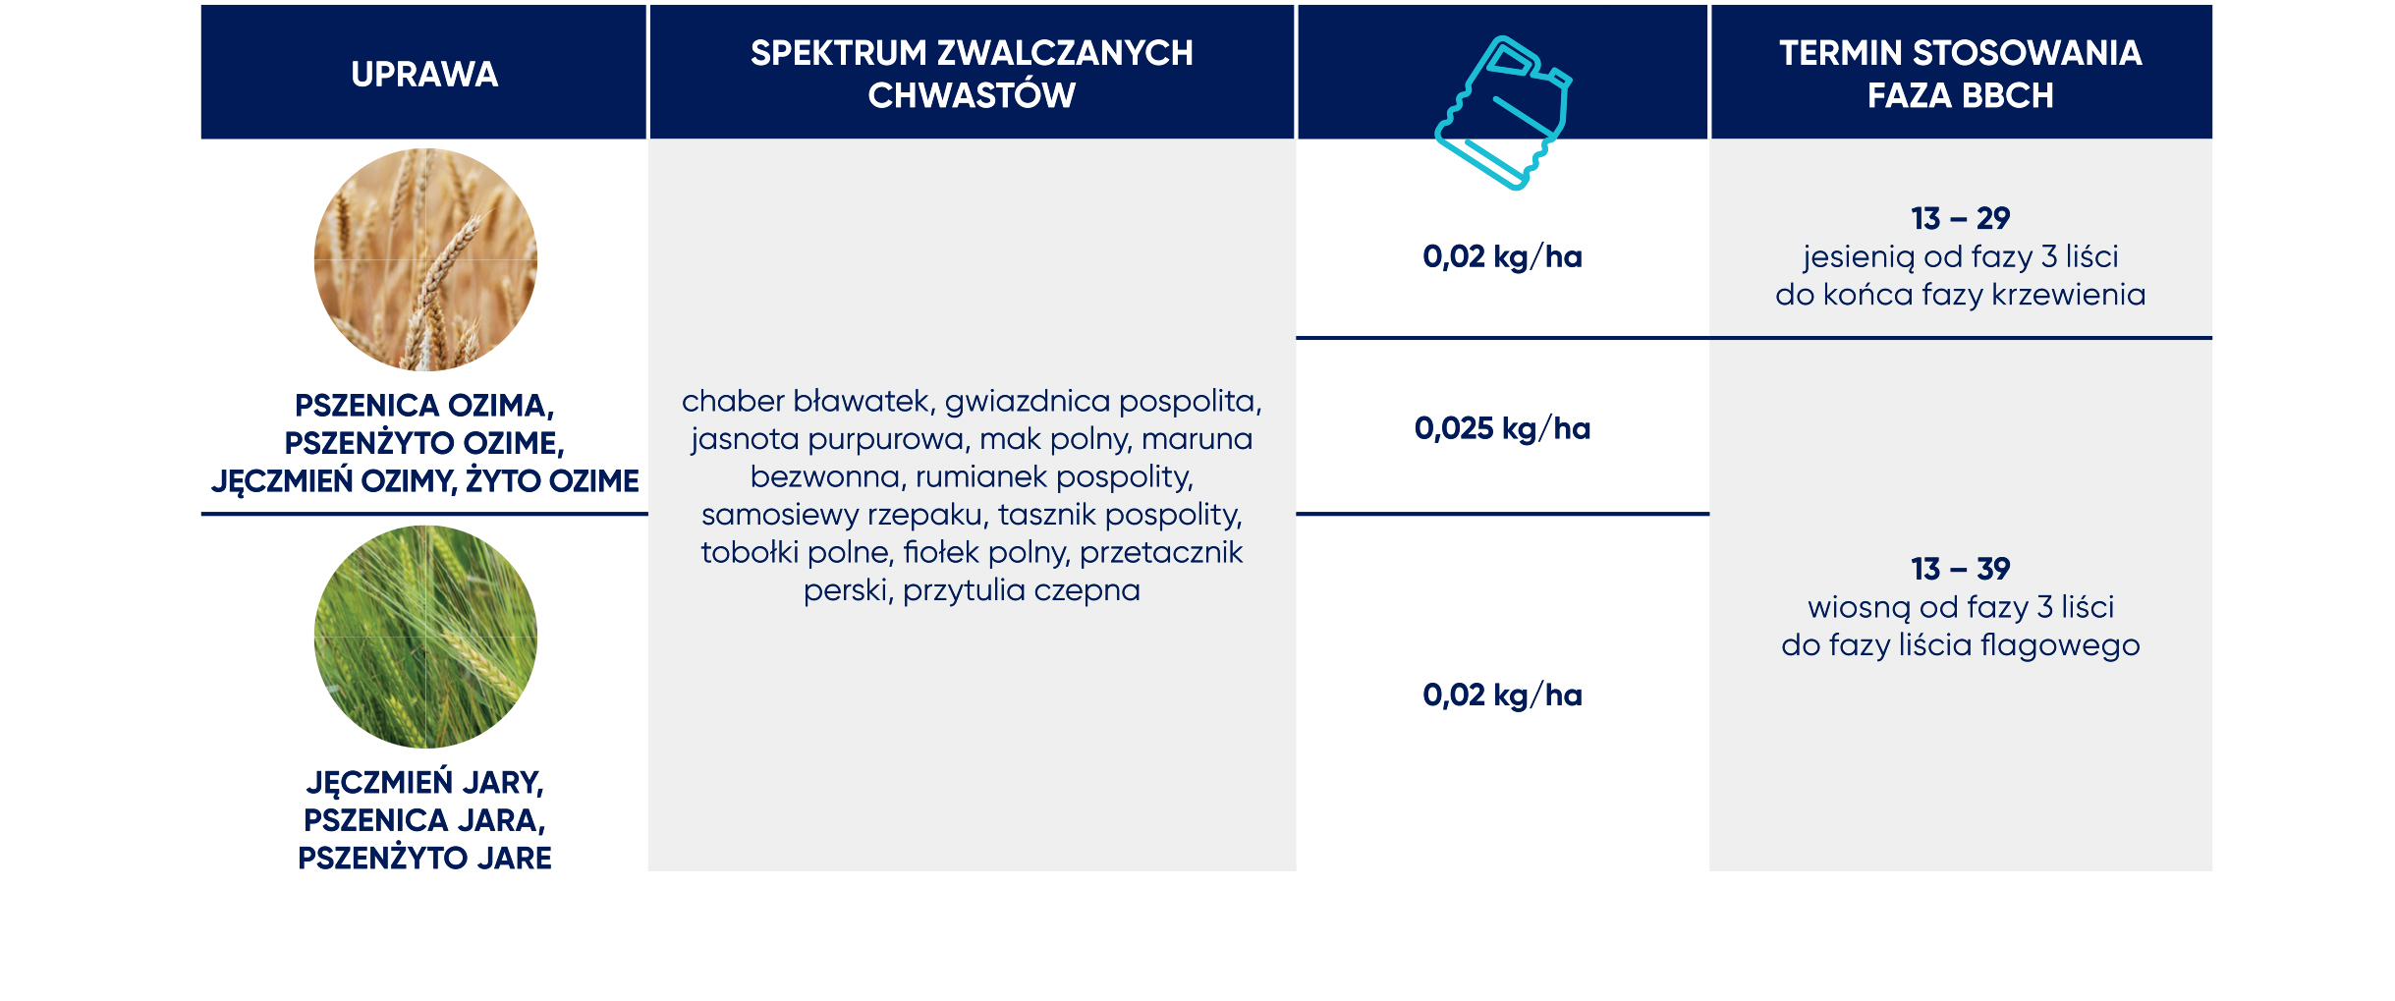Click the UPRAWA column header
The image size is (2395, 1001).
click(424, 75)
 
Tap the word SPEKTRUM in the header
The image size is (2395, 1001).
click(838, 53)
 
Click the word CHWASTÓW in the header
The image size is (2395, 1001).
click(972, 95)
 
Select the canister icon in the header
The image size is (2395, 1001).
click(1503, 112)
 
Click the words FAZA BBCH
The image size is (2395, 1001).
click(1960, 95)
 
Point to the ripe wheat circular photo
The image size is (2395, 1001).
click(425, 259)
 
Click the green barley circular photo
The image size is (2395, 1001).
click(425, 637)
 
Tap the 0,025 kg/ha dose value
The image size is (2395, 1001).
click(1502, 428)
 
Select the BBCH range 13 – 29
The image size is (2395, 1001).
click(1960, 218)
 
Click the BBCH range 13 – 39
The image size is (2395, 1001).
click(1960, 569)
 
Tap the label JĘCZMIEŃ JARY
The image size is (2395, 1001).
click(424, 783)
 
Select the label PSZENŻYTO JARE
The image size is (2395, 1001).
click(424, 859)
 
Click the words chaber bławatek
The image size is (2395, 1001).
click(806, 401)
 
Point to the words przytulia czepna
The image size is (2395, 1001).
click(1022, 590)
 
